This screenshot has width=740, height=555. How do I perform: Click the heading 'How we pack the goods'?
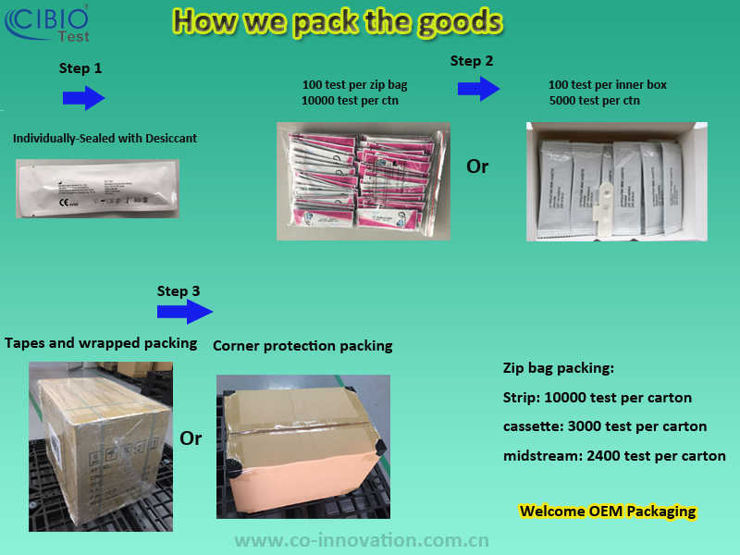coord(339,21)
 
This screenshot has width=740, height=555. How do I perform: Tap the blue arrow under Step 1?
coord(83,98)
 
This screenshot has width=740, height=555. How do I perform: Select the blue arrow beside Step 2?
coord(478,89)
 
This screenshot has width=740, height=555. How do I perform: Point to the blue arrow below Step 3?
coord(185,313)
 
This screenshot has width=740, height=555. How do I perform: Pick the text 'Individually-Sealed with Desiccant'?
coord(105,139)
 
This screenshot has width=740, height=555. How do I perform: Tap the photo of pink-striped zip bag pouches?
coord(364,181)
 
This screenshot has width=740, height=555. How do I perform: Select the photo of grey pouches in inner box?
coord(615,181)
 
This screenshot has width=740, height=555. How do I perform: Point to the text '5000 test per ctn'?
coord(594,100)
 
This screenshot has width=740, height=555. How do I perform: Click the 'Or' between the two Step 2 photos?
coord(477,166)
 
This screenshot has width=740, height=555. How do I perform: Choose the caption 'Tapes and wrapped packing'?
coord(101,343)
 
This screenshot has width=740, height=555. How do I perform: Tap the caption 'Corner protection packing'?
coord(302,346)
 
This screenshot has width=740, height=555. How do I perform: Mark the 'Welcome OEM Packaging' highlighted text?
coord(607,511)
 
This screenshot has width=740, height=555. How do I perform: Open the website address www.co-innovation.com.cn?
coord(361,540)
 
